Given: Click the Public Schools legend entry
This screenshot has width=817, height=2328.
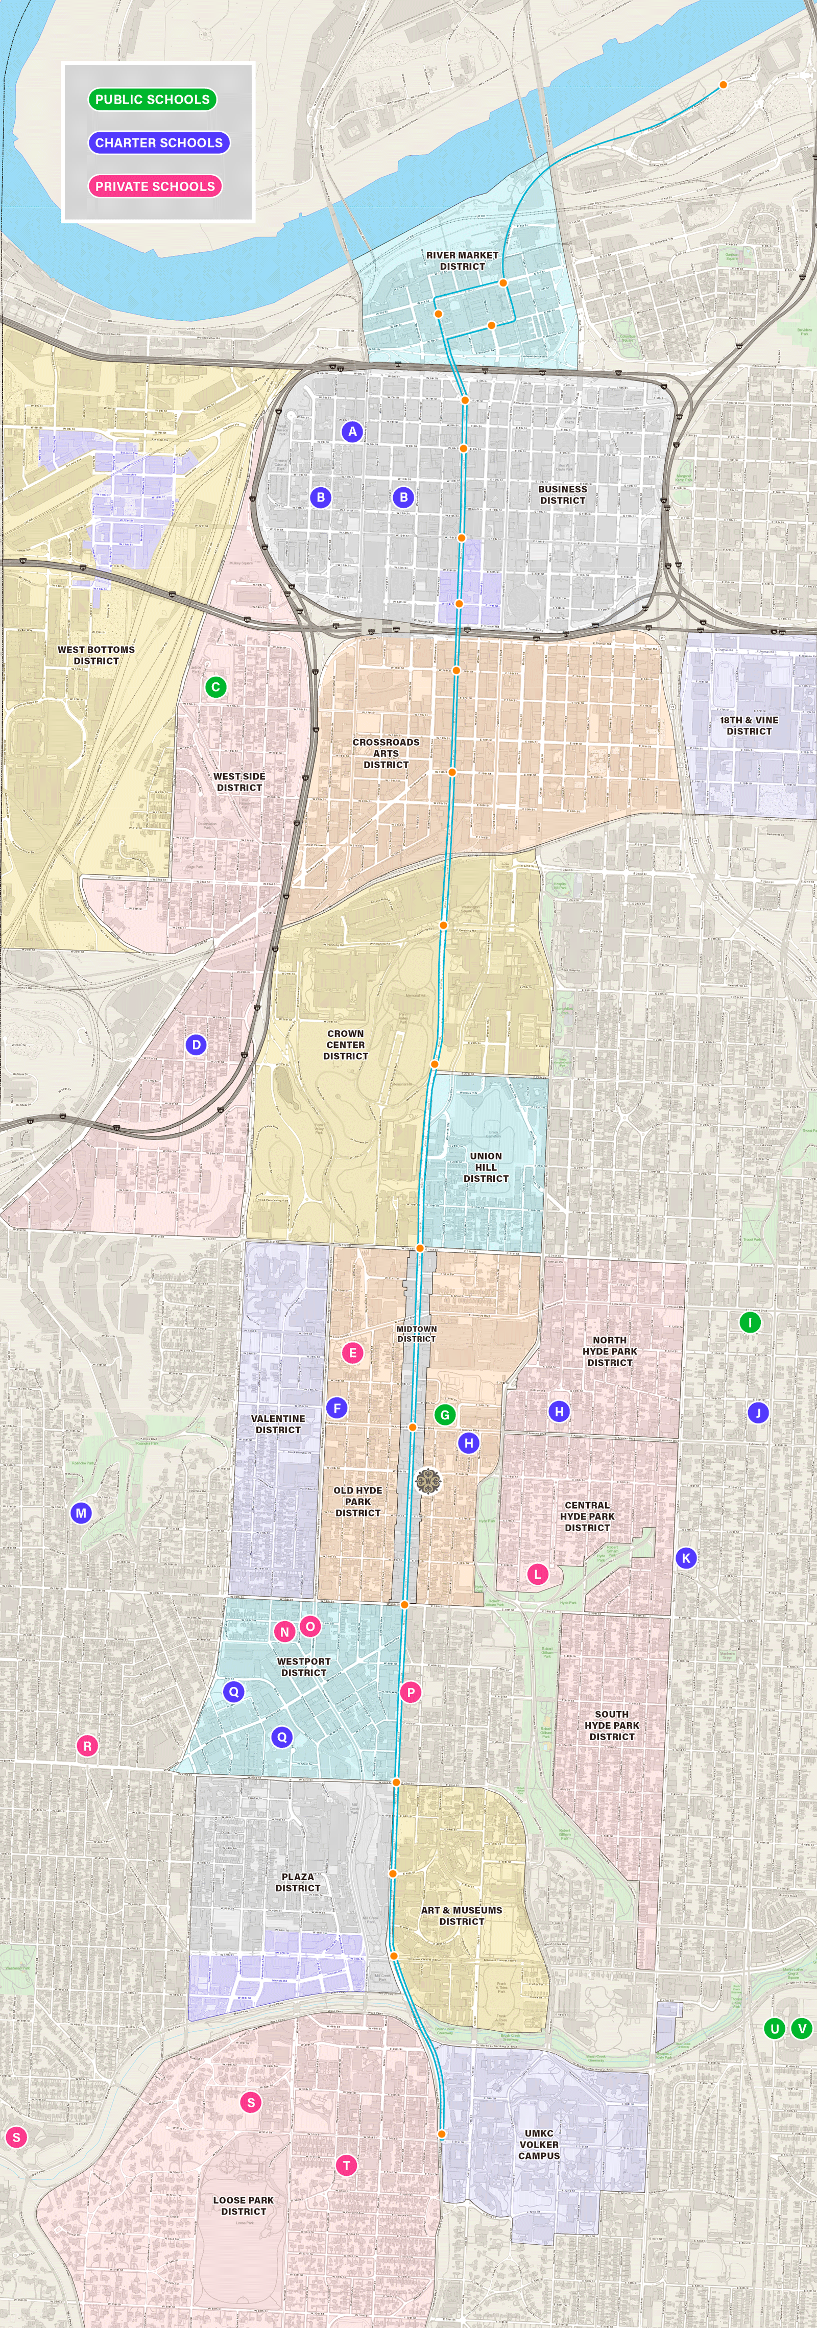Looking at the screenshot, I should [152, 100].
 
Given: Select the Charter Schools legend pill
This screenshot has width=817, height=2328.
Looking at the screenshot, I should [158, 143].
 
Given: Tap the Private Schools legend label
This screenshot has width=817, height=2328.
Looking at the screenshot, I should [155, 186].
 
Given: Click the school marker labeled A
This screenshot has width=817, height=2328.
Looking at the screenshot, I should [352, 431].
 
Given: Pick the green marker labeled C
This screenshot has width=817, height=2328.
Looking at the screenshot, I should [215, 687].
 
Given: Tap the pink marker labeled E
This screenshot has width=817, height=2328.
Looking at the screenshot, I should [352, 1353].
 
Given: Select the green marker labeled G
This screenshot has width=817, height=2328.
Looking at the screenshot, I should [444, 1414].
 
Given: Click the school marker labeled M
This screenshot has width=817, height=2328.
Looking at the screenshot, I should [81, 1513].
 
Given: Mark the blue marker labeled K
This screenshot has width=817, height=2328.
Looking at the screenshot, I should [686, 1557].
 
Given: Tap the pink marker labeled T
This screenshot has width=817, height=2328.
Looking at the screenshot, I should [346, 2166].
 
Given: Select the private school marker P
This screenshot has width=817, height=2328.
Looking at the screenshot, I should [411, 1692].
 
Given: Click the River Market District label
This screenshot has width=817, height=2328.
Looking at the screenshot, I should [462, 260].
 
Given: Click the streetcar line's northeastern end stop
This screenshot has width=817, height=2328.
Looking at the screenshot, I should [723, 85].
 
